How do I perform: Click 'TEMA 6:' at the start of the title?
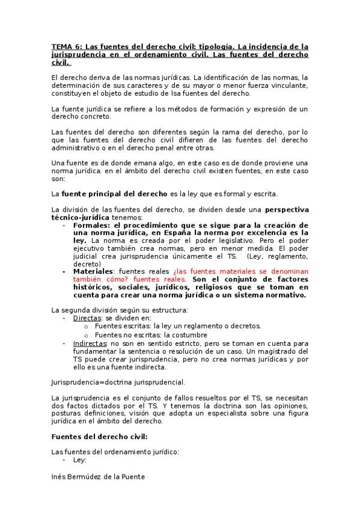point(66,46)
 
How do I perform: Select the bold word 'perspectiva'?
point(287,209)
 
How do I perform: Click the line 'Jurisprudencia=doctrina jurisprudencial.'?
point(118,382)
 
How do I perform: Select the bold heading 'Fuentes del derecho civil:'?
point(99,437)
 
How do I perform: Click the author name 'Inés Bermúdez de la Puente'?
point(98,476)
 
